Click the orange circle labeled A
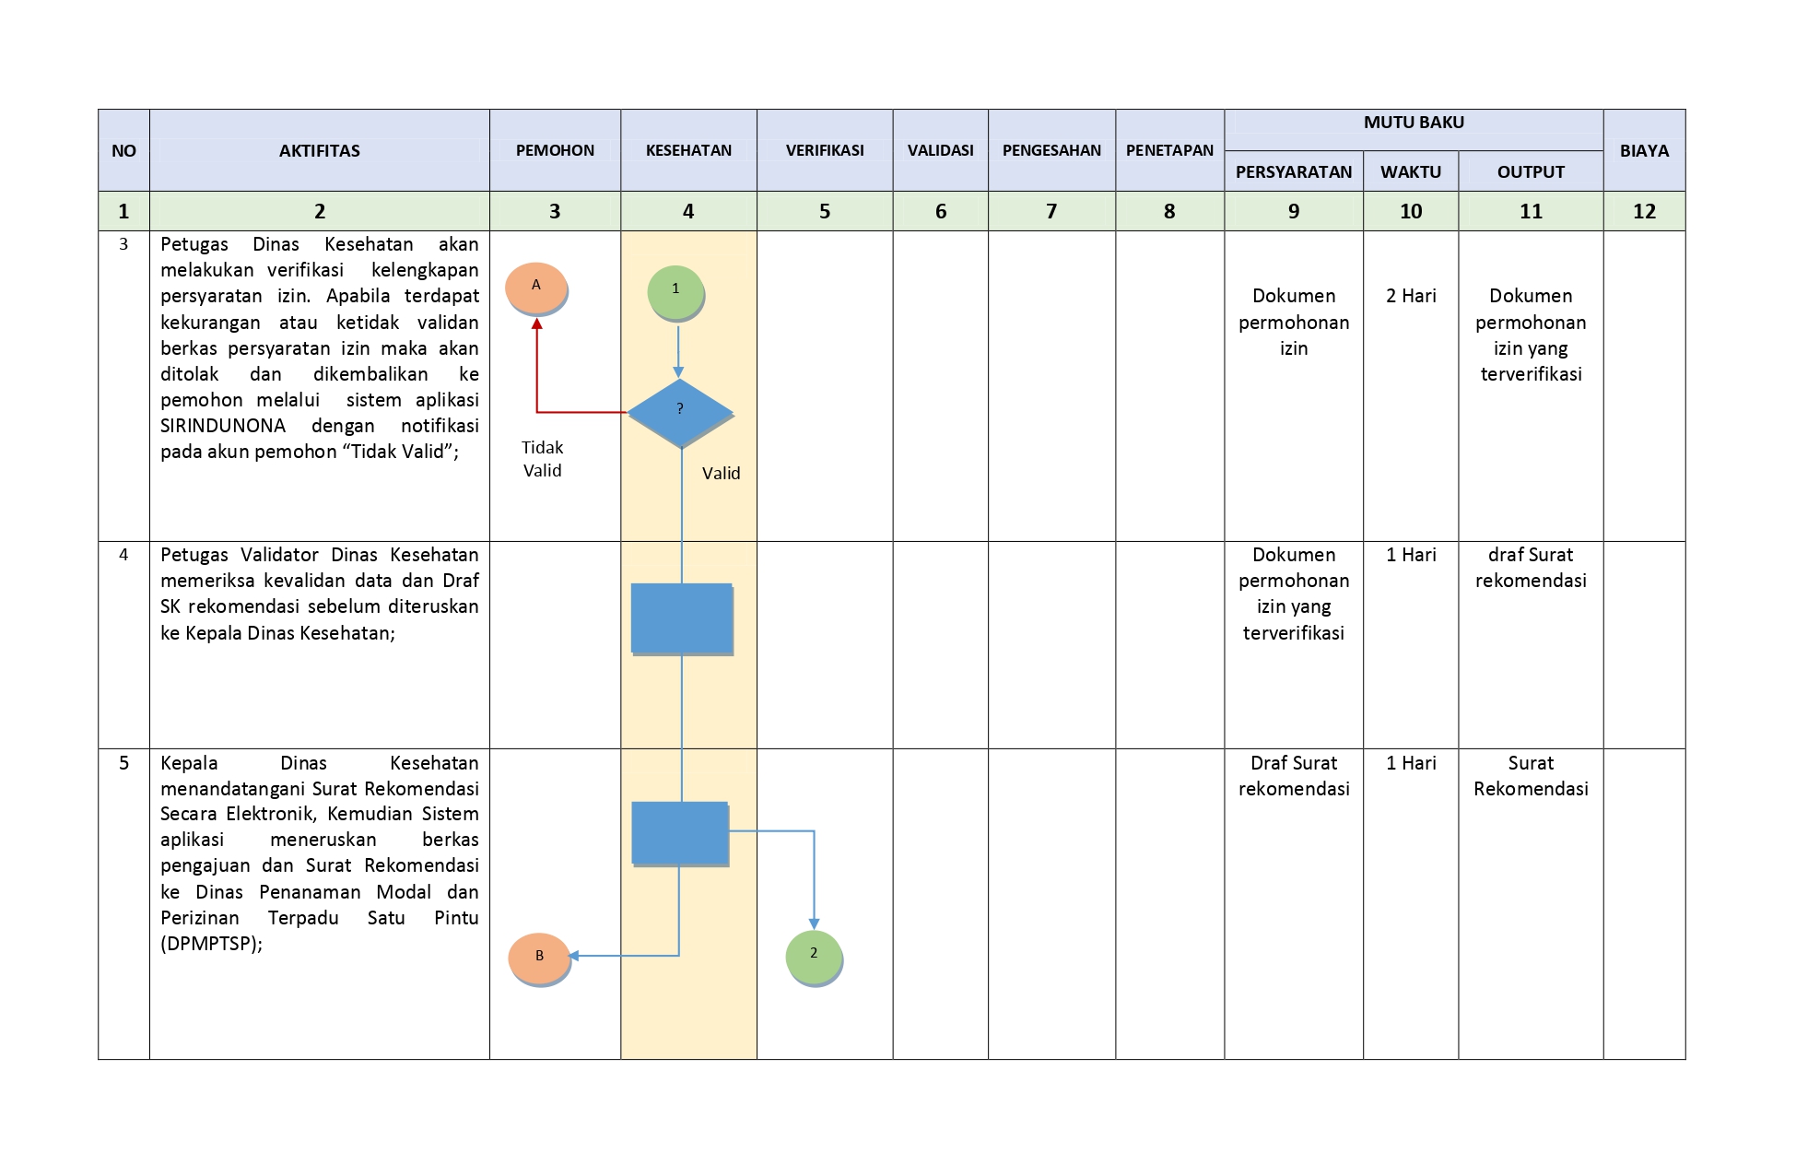coord(536,288)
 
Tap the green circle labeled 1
coord(675,291)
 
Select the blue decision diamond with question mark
coord(680,413)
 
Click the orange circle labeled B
coord(539,958)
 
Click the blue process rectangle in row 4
coord(682,618)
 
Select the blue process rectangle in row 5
coord(680,833)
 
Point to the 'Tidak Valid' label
coord(542,459)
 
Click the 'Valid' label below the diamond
coord(721,474)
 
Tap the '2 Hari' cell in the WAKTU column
coord(1411,296)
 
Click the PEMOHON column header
coord(555,150)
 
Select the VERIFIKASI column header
coord(825,150)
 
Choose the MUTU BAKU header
coord(1414,123)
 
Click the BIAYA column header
coord(1644,150)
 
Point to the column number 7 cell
coord(1051,211)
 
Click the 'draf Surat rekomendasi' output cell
coord(1531,568)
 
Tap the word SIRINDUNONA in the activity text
coord(223,426)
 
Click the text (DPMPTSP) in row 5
coord(211,944)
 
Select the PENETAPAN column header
coord(1169,150)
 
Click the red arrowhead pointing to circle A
coord(536,323)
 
